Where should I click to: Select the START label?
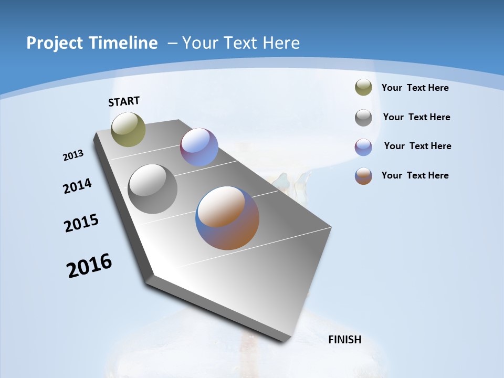(x=124, y=101)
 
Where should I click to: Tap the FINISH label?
(x=344, y=340)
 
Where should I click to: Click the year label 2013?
(x=73, y=155)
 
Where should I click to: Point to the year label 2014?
(x=78, y=186)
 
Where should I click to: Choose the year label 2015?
(x=81, y=223)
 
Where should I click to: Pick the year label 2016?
(x=89, y=266)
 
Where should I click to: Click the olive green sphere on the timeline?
(x=129, y=129)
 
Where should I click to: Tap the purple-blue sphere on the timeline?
(x=199, y=147)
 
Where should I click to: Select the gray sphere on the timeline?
(x=152, y=189)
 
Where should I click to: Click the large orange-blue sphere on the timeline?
(x=227, y=218)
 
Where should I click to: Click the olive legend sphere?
(x=363, y=88)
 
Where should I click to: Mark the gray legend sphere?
(x=363, y=118)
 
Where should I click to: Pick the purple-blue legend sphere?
(x=363, y=147)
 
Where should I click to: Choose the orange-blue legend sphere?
(x=363, y=176)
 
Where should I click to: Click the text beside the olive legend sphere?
(x=415, y=88)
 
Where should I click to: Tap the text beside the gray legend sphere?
(x=416, y=117)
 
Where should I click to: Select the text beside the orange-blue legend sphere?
(x=415, y=175)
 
